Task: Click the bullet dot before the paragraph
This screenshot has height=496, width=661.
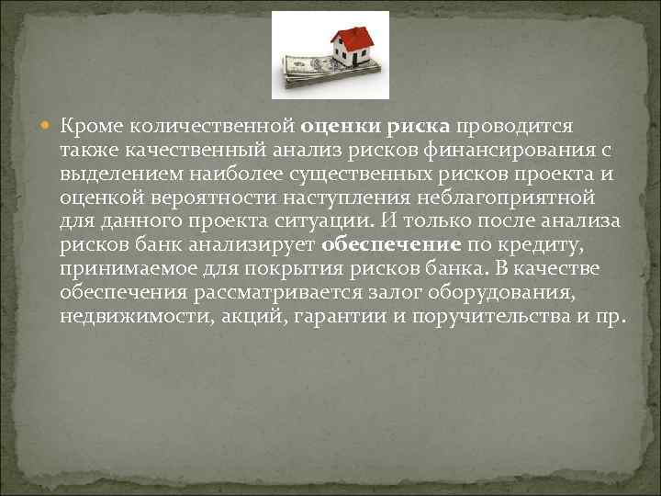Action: point(49,126)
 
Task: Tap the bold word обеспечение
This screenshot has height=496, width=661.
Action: point(390,247)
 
